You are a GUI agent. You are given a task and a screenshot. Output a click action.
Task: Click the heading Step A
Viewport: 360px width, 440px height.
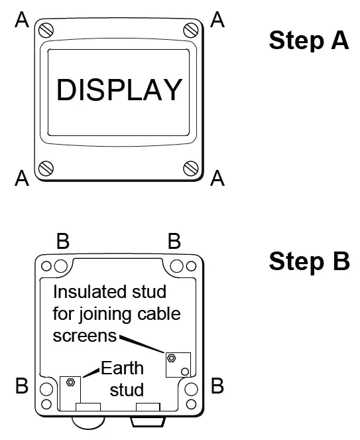pos(308,40)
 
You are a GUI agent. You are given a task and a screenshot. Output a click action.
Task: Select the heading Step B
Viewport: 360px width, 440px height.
pos(309,261)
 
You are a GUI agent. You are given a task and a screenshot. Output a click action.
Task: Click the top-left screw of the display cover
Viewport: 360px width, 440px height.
pos(46,29)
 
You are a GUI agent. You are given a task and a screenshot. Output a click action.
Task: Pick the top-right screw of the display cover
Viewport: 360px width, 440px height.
pos(192,29)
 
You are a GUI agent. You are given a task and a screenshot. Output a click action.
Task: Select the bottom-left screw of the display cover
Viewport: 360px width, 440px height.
pos(46,167)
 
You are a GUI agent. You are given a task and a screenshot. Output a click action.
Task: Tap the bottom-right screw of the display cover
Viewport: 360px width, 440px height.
pos(192,167)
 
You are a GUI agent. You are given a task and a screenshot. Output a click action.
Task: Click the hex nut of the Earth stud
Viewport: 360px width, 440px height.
pos(70,382)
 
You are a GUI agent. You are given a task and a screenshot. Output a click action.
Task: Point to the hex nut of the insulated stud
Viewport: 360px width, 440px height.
pos(171,358)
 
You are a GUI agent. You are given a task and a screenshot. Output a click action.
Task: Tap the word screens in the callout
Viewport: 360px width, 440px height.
pos(84,335)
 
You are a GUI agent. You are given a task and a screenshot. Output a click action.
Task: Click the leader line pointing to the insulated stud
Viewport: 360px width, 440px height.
pos(143,344)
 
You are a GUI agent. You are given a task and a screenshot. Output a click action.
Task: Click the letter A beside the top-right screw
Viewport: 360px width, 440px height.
pos(217,20)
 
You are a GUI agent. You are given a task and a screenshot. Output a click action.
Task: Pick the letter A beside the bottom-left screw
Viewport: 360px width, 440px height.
pos(22,177)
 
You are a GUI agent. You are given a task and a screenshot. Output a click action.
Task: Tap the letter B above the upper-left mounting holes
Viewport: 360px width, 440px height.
pos(62,242)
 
